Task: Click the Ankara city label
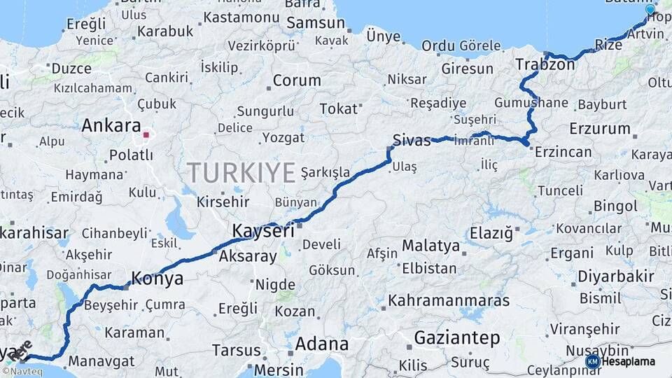pyautogui.click(x=111, y=126)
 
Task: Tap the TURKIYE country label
pyautogui.click(x=241, y=171)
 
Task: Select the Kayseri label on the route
pyautogui.click(x=263, y=230)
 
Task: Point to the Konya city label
pyautogui.click(x=157, y=278)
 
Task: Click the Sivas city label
pyautogui.click(x=412, y=139)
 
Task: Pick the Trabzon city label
pyautogui.click(x=545, y=64)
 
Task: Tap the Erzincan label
pyautogui.click(x=563, y=151)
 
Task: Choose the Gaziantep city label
pyautogui.click(x=456, y=338)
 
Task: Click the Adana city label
pyautogui.click(x=321, y=344)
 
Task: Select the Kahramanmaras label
pyautogui.click(x=449, y=300)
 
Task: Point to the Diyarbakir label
pyautogui.click(x=615, y=276)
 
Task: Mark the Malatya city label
pyautogui.click(x=430, y=246)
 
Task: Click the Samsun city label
pyautogui.click(x=316, y=22)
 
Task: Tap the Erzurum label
pyautogui.click(x=600, y=128)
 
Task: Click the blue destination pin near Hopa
pyautogui.click(x=650, y=10)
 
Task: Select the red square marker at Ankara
pyautogui.click(x=146, y=134)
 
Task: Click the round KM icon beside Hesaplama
pyautogui.click(x=592, y=361)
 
